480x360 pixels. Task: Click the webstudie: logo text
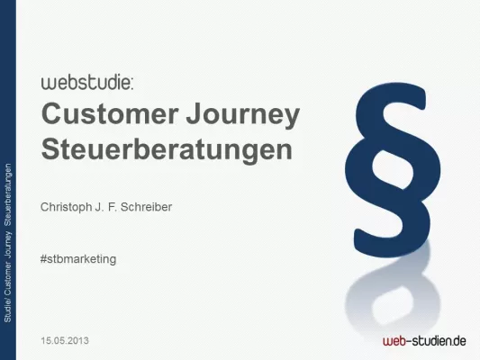click(87, 83)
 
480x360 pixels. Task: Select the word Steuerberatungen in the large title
click(168, 148)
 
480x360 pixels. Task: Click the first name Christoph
click(68, 206)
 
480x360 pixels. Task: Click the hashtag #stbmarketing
click(78, 258)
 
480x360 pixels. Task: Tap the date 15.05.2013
click(65, 341)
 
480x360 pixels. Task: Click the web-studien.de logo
click(423, 340)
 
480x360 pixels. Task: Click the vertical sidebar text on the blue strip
click(8, 243)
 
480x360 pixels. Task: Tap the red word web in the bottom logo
click(393, 341)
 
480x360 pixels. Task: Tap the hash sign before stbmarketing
click(44, 258)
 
